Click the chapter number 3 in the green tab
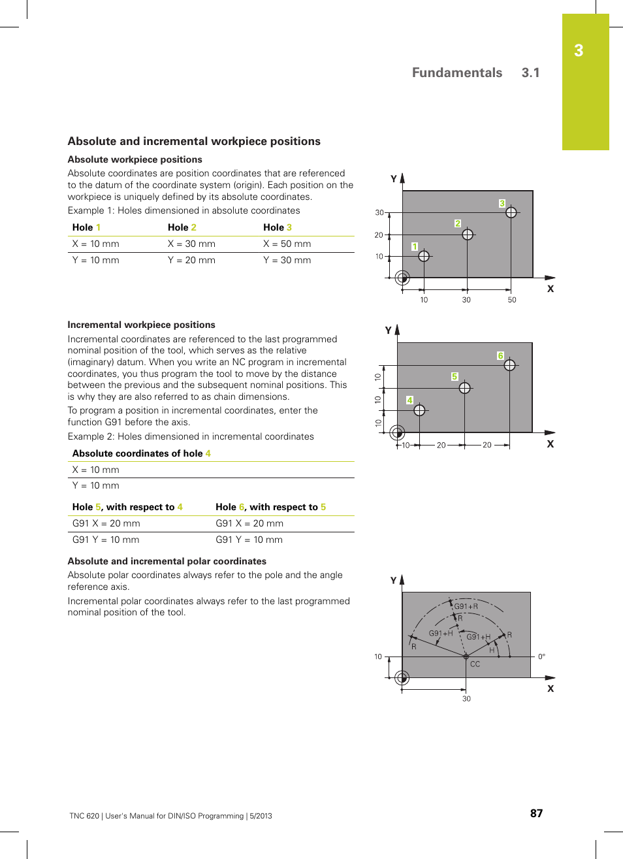point(579,51)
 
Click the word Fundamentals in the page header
point(456,73)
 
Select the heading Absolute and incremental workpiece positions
point(194,141)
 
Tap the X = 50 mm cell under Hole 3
point(287,244)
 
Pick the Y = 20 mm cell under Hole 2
point(191,260)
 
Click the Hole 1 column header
point(86,227)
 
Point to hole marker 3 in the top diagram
point(511,212)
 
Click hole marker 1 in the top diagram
point(424,256)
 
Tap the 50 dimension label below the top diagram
point(512,300)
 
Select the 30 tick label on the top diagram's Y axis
point(379,212)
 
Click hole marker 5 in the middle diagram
point(464,388)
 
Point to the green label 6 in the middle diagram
point(500,356)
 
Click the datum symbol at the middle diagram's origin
point(397,432)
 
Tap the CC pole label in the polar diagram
point(475,664)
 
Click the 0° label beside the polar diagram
point(541,656)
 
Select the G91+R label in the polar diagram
point(466,606)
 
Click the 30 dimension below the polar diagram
point(466,698)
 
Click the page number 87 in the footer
point(536,813)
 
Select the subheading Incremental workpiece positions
point(141,325)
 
